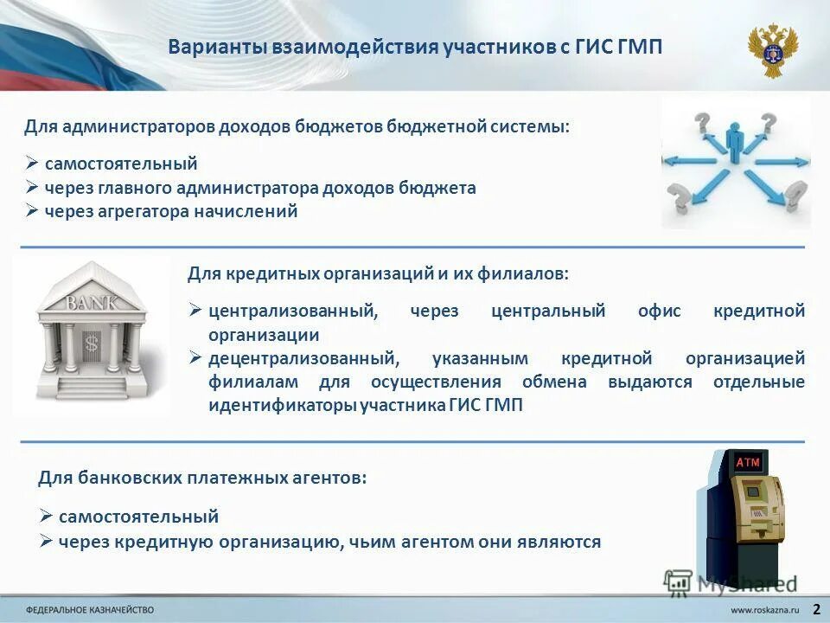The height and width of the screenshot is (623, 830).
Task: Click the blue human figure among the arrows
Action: tap(735, 143)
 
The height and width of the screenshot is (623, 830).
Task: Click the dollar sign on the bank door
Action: tap(92, 344)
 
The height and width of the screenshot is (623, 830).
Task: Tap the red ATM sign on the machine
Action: tap(748, 463)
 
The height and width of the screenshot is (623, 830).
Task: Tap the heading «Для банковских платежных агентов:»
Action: tap(202, 477)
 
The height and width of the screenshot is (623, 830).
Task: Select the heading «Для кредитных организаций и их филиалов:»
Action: tap(378, 273)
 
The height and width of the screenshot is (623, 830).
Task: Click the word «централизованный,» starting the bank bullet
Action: tap(292, 311)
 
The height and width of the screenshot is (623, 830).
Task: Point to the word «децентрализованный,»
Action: tap(303, 358)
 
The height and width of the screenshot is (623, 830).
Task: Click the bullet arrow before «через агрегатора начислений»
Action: tap(31, 211)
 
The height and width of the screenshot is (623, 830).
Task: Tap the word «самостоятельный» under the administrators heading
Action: tap(121, 164)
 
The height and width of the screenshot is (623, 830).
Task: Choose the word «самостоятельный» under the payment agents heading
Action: tap(138, 517)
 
